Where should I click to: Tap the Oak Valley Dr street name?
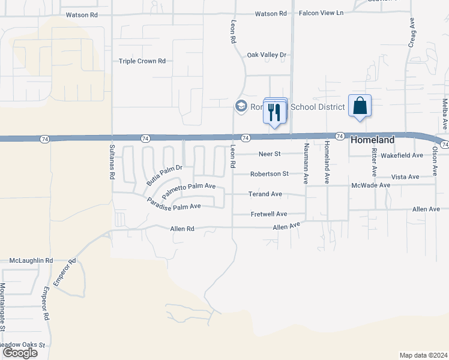click(267, 55)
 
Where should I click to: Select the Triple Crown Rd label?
click(142, 61)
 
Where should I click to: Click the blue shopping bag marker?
click(360, 106)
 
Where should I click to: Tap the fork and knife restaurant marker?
click(275, 112)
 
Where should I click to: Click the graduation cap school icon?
click(241, 106)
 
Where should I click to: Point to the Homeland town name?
click(372, 140)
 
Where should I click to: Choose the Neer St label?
click(270, 154)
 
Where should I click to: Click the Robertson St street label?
click(270, 174)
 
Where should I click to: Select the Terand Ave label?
click(265, 194)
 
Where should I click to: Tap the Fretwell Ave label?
click(268, 214)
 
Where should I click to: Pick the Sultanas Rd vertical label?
click(112, 162)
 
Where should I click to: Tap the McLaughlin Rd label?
click(31, 261)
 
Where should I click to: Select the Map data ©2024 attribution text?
click(423, 355)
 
